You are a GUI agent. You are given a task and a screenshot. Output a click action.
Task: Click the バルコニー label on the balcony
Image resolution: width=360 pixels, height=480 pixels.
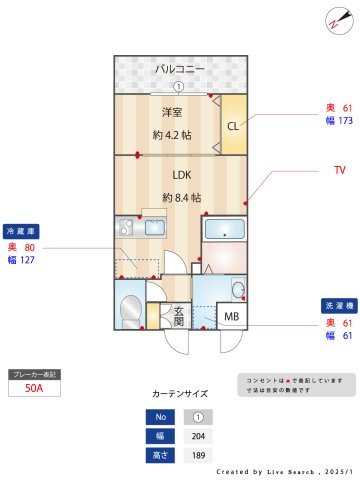point(180,69)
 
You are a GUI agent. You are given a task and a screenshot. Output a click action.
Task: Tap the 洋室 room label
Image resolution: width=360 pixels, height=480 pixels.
point(172,112)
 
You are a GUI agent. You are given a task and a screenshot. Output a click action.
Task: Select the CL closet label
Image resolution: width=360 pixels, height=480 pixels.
point(232,125)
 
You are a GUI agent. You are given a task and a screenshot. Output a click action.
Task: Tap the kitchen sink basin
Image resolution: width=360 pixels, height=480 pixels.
point(155,227)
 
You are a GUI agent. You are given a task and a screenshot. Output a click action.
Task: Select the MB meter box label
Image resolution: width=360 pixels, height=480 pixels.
point(232,318)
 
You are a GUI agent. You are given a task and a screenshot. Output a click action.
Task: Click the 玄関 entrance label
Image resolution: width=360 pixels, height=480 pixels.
point(179,316)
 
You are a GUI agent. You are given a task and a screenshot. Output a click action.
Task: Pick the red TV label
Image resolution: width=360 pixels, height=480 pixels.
point(339,170)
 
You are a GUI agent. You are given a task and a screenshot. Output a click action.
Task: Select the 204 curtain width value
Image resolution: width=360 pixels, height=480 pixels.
point(198,436)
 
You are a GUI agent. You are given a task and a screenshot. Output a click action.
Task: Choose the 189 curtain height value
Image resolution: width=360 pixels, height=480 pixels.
point(198,455)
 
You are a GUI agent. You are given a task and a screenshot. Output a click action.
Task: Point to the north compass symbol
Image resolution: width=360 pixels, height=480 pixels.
point(333,21)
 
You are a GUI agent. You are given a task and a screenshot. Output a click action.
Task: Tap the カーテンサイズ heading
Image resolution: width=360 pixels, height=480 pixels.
point(180,394)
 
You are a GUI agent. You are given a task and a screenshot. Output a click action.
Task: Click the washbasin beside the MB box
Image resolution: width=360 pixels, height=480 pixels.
point(238,290)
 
